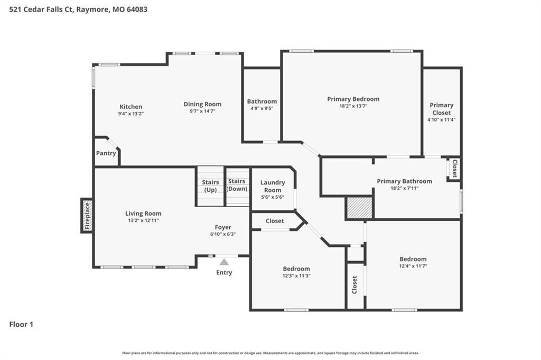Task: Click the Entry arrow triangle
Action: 224,262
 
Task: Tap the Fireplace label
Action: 87,216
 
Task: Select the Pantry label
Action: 106,153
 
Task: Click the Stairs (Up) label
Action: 210,186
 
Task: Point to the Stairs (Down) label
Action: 237,184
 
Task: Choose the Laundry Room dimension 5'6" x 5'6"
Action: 273,197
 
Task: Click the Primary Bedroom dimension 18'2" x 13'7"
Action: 353,106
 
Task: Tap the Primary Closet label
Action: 442,109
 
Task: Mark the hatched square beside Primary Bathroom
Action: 359,208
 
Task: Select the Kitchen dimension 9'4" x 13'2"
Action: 131,114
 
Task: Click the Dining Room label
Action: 202,104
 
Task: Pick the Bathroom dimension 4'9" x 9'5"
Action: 262,108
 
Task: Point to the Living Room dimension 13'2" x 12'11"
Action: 143,220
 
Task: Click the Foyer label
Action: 223,227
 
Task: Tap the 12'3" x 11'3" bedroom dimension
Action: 296,276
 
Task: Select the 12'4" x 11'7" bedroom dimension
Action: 413,266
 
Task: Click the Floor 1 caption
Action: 21,325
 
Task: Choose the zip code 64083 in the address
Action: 137,10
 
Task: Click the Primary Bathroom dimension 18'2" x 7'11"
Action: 404,188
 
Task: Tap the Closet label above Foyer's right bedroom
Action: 275,221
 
